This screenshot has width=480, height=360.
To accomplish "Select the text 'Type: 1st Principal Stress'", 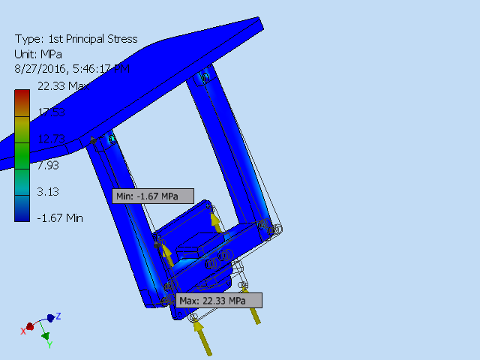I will [x=76, y=39].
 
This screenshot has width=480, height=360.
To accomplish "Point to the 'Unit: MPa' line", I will [x=38, y=54].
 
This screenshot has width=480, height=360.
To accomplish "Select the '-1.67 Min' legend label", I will [x=60, y=217].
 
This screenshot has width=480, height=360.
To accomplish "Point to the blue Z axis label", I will [x=58, y=316].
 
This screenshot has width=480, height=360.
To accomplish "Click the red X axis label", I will [x=23, y=330].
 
